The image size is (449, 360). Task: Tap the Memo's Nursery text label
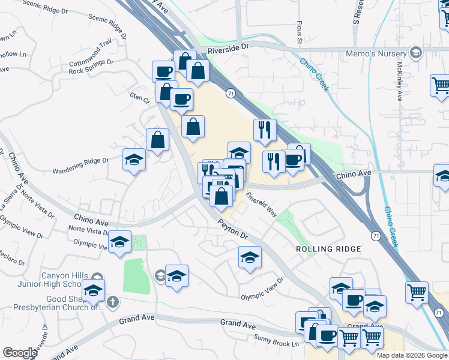click(x=376, y=53)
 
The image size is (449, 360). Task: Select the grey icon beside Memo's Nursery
click(x=415, y=53)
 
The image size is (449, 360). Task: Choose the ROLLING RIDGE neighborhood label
click(x=328, y=248)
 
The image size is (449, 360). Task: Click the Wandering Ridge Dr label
click(x=80, y=161)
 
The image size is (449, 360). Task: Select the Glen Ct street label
click(x=138, y=95)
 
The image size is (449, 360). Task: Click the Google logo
click(x=20, y=353)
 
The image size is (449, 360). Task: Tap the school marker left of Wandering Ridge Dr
click(x=134, y=160)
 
